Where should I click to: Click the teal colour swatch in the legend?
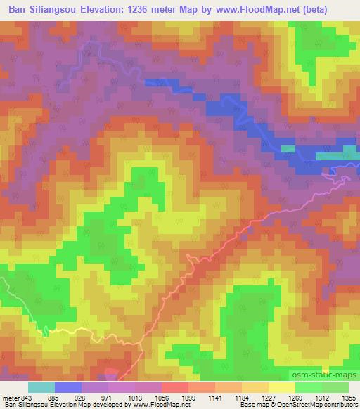click(x=41, y=387)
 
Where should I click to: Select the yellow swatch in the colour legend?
click(x=281, y=387)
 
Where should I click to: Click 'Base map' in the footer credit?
click(x=250, y=405)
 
